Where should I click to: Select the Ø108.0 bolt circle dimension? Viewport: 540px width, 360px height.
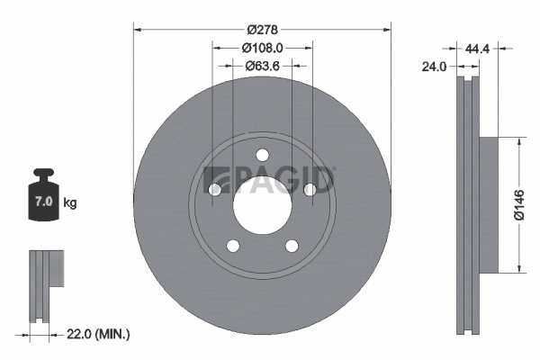[262, 48]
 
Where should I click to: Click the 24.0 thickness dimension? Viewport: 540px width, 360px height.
[436, 66]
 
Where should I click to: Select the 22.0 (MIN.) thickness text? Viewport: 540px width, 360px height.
[99, 334]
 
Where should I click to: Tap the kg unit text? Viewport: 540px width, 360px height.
[70, 202]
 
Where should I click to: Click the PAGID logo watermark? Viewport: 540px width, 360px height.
[270, 179]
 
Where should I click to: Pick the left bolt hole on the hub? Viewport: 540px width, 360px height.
[215, 189]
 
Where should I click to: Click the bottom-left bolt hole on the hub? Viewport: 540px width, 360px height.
[233, 245]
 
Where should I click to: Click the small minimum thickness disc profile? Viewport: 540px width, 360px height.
[45, 283]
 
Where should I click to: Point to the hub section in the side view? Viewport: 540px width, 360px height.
[486, 204]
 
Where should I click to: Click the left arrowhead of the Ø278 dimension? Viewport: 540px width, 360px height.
[138, 28]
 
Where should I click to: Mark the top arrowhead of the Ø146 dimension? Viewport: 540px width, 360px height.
[519, 140]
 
